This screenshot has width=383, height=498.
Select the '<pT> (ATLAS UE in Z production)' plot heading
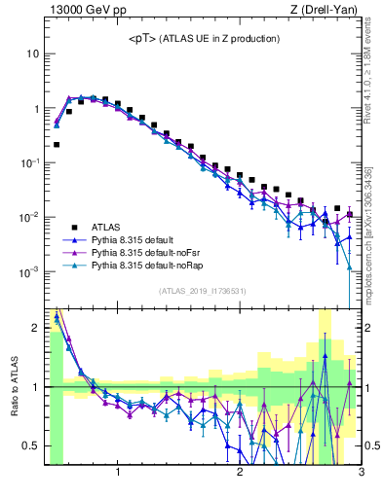tap(204, 38)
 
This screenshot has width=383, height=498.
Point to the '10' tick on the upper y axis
tap(32, 54)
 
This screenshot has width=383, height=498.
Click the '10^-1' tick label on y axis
tap(29, 162)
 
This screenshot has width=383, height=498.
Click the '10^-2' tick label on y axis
tap(29, 217)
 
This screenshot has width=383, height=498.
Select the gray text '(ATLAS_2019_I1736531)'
tap(203, 291)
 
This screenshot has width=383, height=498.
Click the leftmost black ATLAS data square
tap(57, 144)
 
